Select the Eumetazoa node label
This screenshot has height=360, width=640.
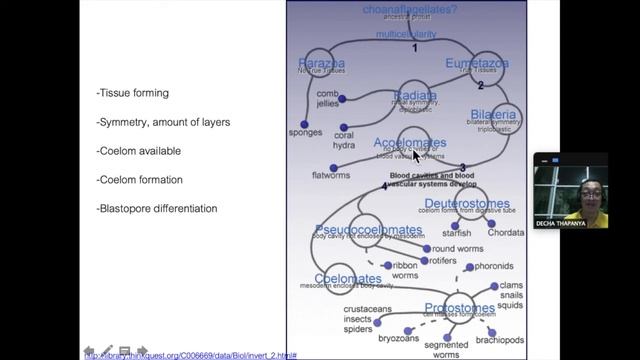[477, 64]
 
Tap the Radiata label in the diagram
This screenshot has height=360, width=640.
[415, 96]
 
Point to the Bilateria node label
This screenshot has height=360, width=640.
[493, 115]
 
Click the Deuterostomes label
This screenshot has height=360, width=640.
[466, 204]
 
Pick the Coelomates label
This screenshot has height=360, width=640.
[347, 279]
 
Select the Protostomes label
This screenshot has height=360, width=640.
[460, 308]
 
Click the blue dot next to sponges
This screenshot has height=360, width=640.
[305, 124]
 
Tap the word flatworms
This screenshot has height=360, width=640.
[331, 176]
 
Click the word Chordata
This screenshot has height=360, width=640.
[505, 233]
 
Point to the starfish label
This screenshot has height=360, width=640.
[456, 233]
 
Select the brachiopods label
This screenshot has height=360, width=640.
[500, 340]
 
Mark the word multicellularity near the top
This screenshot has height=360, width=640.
[406, 34]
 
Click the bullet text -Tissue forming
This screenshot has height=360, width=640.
[133, 93]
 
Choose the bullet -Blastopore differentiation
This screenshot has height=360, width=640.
[157, 208]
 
